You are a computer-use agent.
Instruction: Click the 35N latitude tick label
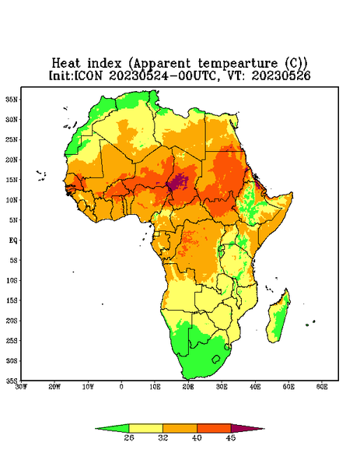coord(12,100)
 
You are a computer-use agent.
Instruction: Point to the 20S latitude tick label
coord(12,321)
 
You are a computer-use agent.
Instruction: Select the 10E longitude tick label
coord(155,387)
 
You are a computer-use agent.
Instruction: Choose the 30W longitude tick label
coord(22,387)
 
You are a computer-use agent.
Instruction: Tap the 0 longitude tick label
coord(121,387)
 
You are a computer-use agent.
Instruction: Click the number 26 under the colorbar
coord(129,437)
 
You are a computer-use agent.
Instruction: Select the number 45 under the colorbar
coord(231,437)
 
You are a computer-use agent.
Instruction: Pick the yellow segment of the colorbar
coord(145,428)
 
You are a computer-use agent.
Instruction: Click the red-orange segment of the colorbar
coord(214,428)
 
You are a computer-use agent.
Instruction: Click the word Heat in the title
coord(66,64)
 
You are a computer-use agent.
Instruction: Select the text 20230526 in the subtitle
coord(281,75)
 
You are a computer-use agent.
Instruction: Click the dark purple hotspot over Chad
coord(178,182)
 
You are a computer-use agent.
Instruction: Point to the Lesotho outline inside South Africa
coord(216,359)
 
